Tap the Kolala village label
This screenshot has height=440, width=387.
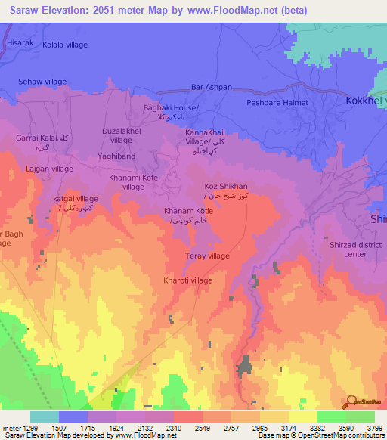(65, 45)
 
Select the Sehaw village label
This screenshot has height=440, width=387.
(42, 81)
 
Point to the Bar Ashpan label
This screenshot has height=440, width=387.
(212, 87)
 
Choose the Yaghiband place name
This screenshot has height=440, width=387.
(116, 156)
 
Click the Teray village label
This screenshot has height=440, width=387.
(207, 256)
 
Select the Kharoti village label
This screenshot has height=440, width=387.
(187, 280)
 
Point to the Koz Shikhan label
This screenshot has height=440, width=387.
(226, 186)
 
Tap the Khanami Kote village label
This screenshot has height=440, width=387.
(133, 181)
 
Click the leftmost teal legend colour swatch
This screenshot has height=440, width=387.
(44, 417)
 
